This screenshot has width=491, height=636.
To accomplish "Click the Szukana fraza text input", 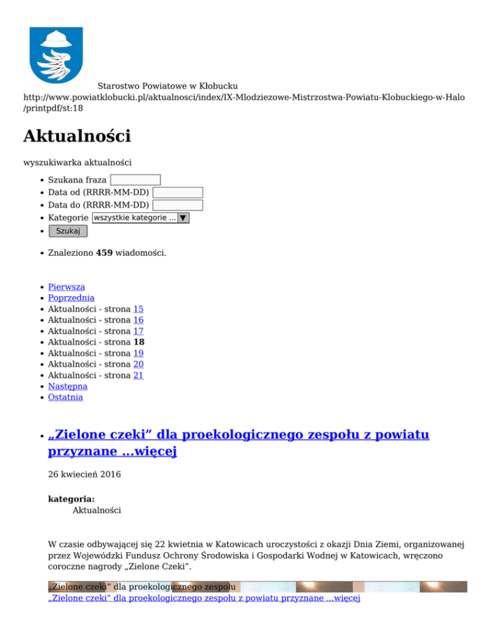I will pyautogui.click(x=135, y=180).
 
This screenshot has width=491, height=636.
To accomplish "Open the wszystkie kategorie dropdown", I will pyautogui.click(x=141, y=218).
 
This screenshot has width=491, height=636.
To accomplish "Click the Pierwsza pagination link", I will pyautogui.click(x=66, y=287).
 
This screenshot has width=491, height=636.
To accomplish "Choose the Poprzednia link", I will pyautogui.click(x=71, y=298).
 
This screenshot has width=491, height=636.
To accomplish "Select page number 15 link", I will pyautogui.click(x=138, y=309).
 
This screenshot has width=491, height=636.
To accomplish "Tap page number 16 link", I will pyautogui.click(x=138, y=320).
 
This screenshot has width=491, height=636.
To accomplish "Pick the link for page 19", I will pyautogui.click(x=138, y=353).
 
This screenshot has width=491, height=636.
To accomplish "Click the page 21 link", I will pyautogui.click(x=138, y=376).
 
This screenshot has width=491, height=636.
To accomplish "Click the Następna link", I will pyautogui.click(x=68, y=386).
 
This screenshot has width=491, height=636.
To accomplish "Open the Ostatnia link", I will pyautogui.click(x=65, y=397).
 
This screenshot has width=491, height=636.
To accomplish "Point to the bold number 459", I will pyautogui.click(x=104, y=253).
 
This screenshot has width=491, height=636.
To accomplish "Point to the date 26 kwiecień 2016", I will pyautogui.click(x=84, y=475).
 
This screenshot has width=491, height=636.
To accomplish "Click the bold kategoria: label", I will pyautogui.click(x=72, y=499).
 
